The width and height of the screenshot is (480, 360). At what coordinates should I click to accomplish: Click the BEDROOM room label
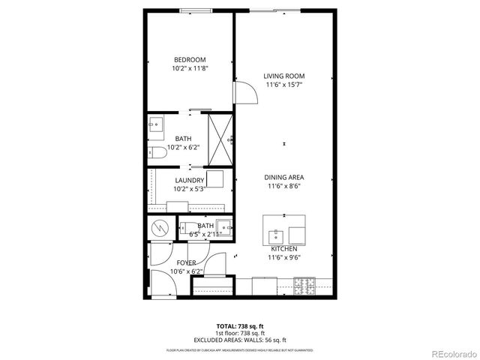[190, 60]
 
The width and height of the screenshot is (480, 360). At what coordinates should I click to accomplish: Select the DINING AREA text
[284, 178]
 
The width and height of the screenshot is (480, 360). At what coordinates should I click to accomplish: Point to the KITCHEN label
[284, 249]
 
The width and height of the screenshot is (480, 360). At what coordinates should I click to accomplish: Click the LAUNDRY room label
[190, 181]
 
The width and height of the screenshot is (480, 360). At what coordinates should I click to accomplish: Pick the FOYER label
[186, 262]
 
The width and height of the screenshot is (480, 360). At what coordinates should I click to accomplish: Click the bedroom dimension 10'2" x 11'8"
[190, 68]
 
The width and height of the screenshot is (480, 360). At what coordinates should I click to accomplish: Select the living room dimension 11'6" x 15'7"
[284, 84]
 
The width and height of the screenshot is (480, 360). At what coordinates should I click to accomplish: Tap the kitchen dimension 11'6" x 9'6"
[284, 257]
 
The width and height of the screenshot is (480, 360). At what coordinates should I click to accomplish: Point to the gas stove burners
[303, 286]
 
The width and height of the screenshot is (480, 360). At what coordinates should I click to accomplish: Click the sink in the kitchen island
[276, 232]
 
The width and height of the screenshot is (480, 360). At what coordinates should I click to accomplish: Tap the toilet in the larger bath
[157, 153]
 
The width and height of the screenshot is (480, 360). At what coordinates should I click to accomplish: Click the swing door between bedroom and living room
[243, 91]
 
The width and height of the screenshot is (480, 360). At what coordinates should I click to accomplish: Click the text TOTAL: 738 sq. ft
[240, 325]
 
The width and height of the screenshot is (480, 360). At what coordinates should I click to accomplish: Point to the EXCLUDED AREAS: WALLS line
[240, 339]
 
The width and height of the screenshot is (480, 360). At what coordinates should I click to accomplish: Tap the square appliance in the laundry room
[216, 179]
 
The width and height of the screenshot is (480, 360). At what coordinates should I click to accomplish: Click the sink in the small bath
[187, 226]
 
